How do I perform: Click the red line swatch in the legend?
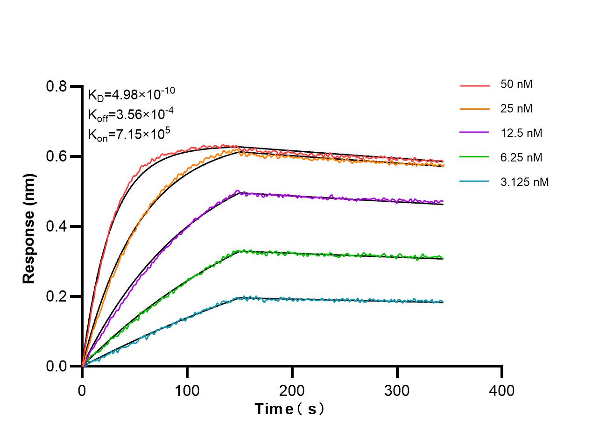475,86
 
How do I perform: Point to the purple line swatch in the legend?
475,134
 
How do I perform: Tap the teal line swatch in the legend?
475,182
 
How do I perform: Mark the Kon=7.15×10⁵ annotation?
129,134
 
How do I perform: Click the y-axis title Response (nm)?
29,228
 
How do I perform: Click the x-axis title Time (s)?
289,409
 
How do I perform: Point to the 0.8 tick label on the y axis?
56,86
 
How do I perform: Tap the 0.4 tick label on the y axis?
56,226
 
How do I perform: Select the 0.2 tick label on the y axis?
56,297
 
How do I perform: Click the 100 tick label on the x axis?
187,390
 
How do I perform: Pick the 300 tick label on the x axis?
397,390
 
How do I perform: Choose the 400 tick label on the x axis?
502,390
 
